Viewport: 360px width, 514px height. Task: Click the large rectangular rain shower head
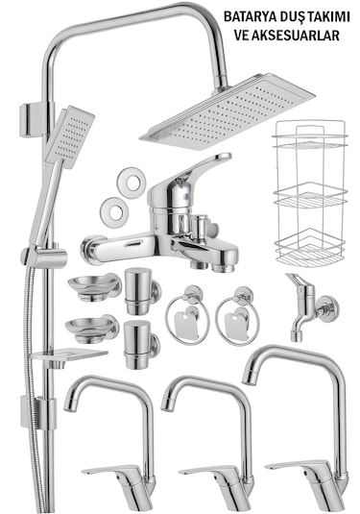228,111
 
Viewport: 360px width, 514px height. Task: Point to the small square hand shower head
70,136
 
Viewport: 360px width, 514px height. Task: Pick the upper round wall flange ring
132,183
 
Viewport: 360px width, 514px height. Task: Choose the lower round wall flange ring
114,212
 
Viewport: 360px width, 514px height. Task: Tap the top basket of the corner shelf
310,141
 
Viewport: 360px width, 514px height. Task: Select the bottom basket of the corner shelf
309,250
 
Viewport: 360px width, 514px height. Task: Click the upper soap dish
94,287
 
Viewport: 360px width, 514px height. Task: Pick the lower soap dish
92,329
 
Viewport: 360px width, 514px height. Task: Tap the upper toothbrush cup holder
142,291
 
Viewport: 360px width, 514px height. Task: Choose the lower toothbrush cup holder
141,345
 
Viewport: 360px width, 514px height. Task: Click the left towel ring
188,315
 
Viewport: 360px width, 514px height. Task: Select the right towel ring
237,315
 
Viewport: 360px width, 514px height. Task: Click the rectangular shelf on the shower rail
70,356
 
